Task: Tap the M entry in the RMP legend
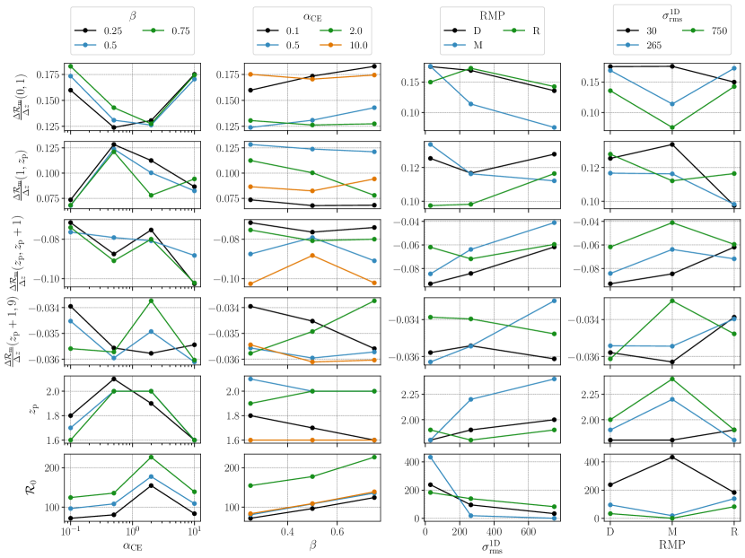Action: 478,44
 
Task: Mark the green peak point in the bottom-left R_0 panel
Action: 151,457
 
